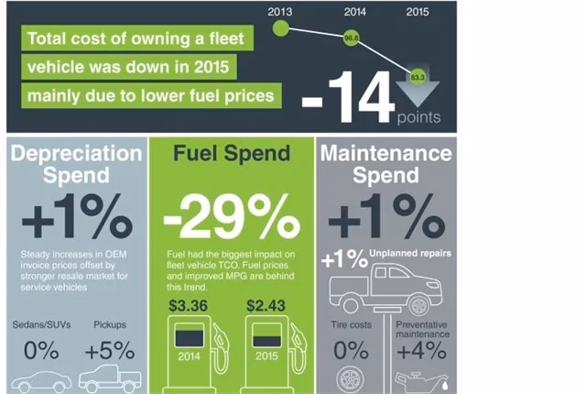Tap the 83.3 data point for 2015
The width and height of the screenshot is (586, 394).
click(x=418, y=76)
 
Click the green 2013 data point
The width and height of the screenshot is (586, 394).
click(x=281, y=28)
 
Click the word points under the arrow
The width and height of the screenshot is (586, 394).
click(x=418, y=116)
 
